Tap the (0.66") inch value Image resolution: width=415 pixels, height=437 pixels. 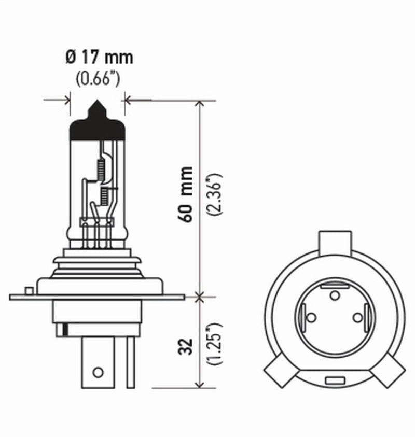[99, 79]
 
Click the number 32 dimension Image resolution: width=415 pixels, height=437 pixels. [187, 346]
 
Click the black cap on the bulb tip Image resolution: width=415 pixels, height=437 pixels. [98, 124]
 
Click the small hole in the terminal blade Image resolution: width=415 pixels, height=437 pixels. [96, 371]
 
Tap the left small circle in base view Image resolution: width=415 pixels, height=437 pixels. [311, 317]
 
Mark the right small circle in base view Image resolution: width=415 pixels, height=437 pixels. [357, 317]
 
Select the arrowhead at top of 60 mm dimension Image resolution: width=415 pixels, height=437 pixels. [199, 104]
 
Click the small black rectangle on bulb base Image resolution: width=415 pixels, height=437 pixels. [64, 329]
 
